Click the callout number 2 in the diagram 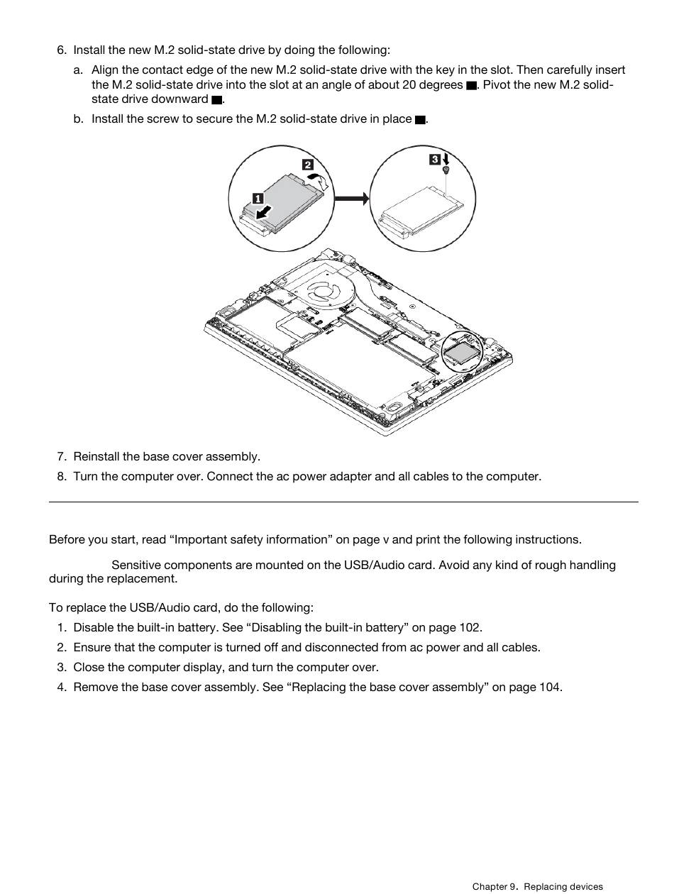[x=308, y=165]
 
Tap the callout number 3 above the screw [x=434, y=160]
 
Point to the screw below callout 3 [x=446, y=171]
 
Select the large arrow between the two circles [x=351, y=199]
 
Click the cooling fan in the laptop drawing [x=324, y=293]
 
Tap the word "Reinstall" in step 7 [x=96, y=457]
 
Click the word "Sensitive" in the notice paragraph [x=136, y=565]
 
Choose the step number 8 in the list [x=62, y=477]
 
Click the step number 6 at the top [x=62, y=50]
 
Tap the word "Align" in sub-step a [x=105, y=70]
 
